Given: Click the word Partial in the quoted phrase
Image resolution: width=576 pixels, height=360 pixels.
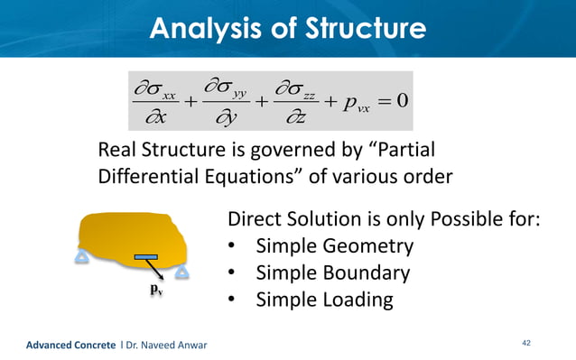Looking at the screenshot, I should pos(404,150).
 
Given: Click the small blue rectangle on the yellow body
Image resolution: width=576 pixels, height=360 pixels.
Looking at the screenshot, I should pos(145,258).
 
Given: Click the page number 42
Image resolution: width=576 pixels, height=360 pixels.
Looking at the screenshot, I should pos(528,343).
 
